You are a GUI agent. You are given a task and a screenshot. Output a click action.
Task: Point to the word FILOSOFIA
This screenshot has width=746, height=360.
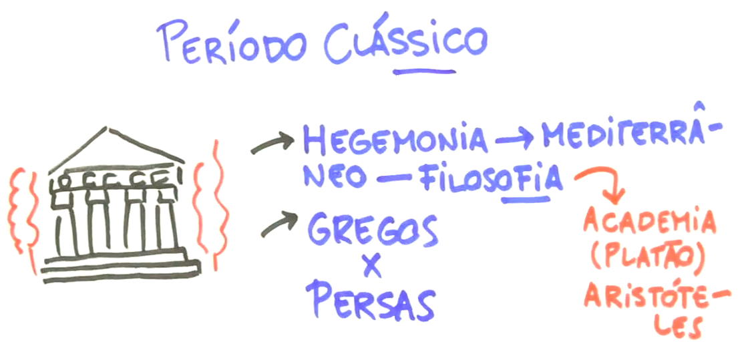coord(491,179)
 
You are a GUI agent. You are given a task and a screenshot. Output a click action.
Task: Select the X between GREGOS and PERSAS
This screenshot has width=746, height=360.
coord(371,266)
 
